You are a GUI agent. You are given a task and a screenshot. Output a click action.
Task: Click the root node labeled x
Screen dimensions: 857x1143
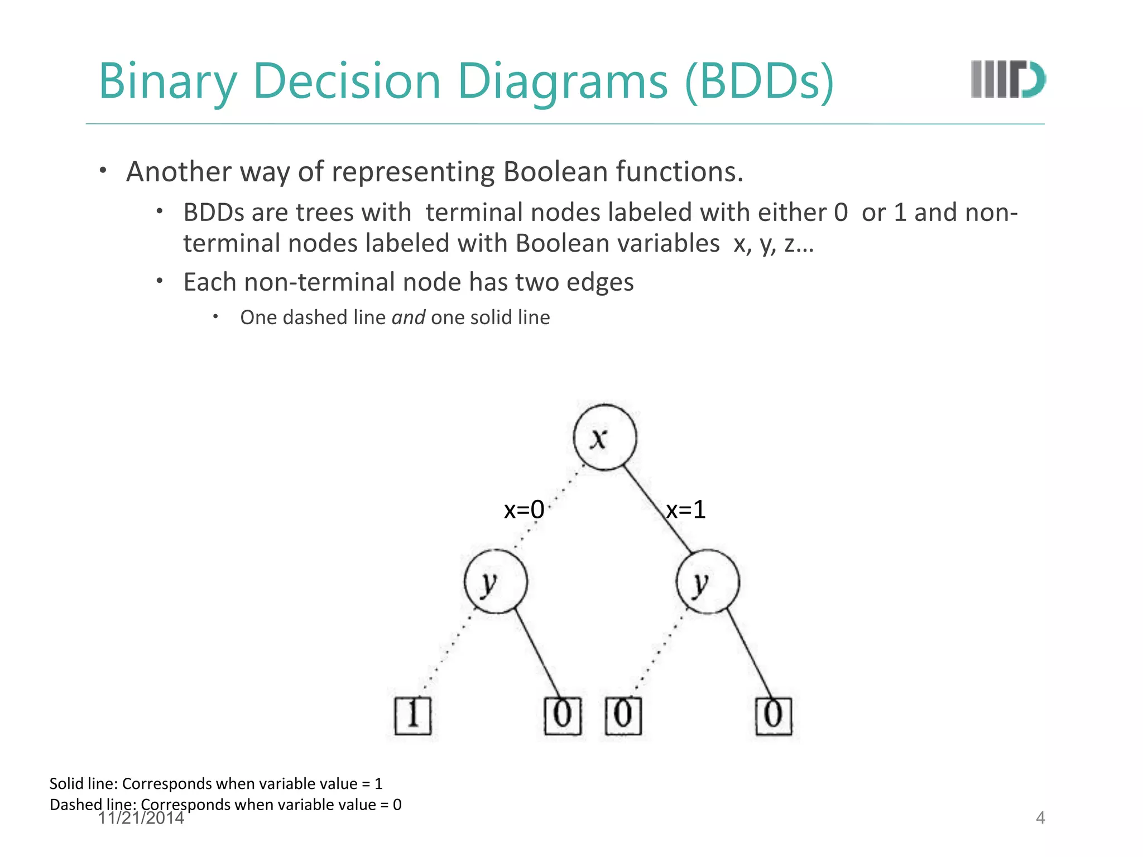(x=604, y=437)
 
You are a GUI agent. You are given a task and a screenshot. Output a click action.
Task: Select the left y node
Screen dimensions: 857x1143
(x=496, y=582)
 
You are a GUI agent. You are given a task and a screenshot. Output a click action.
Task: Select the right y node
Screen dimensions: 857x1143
(x=708, y=582)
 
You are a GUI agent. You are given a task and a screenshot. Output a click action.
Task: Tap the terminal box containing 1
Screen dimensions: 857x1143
(x=413, y=715)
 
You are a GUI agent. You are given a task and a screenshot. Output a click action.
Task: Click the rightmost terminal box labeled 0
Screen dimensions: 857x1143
(x=774, y=716)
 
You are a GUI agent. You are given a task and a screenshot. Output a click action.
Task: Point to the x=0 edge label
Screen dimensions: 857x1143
(x=524, y=509)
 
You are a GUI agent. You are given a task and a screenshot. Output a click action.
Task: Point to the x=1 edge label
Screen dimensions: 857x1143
(x=686, y=509)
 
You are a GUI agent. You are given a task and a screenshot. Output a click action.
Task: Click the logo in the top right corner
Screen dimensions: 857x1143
(x=1008, y=79)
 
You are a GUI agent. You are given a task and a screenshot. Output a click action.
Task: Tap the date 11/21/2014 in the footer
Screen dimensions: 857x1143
(x=141, y=819)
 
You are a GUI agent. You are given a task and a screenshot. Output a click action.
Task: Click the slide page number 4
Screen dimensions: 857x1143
(x=1040, y=818)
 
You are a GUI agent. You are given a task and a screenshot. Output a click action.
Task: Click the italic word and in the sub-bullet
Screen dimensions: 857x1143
(x=408, y=317)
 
